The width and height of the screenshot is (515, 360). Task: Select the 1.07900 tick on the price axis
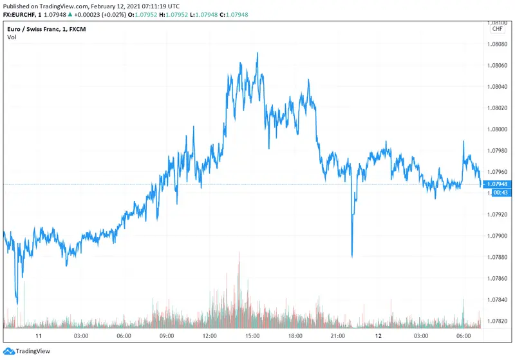(498, 236)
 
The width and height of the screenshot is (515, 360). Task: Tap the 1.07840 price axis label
(498, 299)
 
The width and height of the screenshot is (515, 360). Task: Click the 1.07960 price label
(498, 172)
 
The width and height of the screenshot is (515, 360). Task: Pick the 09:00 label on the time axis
(166, 336)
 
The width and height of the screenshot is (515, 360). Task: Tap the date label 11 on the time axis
(39, 336)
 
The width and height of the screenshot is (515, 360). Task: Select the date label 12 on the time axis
(379, 336)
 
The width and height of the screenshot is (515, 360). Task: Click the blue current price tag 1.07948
(498, 185)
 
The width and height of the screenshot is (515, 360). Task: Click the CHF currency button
(498, 28)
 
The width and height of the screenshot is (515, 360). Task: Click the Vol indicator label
(12, 37)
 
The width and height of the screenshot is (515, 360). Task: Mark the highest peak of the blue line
(257, 53)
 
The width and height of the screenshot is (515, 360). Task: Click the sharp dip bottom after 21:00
(351, 256)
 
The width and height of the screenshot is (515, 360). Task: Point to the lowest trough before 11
(17, 303)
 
